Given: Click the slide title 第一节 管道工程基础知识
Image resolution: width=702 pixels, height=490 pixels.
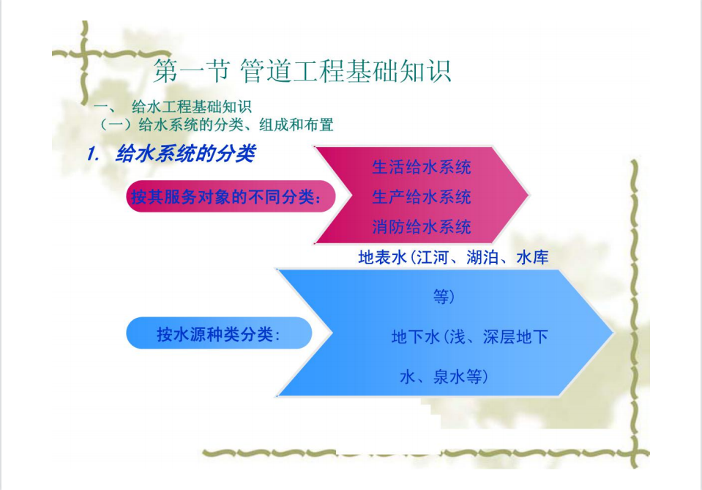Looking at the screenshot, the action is pyautogui.click(x=302, y=71).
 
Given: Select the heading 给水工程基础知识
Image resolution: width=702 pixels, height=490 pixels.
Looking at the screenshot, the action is pyautogui.click(x=192, y=107).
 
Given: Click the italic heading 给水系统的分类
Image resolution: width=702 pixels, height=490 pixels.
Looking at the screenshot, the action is pyautogui.click(x=185, y=154).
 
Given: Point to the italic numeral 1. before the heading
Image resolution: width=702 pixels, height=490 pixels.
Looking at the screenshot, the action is pyautogui.click(x=93, y=154).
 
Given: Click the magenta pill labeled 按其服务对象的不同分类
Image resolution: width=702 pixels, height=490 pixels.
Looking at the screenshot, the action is pyautogui.click(x=231, y=196).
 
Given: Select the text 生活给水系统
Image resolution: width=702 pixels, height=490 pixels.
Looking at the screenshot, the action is pyautogui.click(x=422, y=167).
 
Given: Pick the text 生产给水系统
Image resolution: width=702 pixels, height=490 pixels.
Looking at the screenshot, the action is pyautogui.click(x=422, y=196).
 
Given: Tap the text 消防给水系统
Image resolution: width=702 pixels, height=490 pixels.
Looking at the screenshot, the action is pyautogui.click(x=422, y=226).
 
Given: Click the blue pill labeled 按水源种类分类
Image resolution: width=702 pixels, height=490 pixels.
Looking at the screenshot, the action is pyautogui.click(x=219, y=333).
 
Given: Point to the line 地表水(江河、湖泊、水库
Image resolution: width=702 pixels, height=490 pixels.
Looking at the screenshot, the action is pyautogui.click(x=453, y=257).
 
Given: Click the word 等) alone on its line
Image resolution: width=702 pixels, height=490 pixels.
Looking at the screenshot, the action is pyautogui.click(x=444, y=297).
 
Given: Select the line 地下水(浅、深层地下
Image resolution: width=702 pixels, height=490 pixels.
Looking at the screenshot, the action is pyautogui.click(x=470, y=336).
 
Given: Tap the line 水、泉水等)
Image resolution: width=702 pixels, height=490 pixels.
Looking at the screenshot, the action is pyautogui.click(x=444, y=376).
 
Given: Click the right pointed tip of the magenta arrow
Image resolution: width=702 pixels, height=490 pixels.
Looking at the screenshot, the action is pyautogui.click(x=529, y=196).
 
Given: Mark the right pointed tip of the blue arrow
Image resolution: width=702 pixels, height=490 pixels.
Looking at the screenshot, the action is pyautogui.click(x=613, y=333).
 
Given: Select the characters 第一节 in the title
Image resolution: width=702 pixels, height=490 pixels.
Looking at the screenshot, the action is pyautogui.click(x=192, y=71).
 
